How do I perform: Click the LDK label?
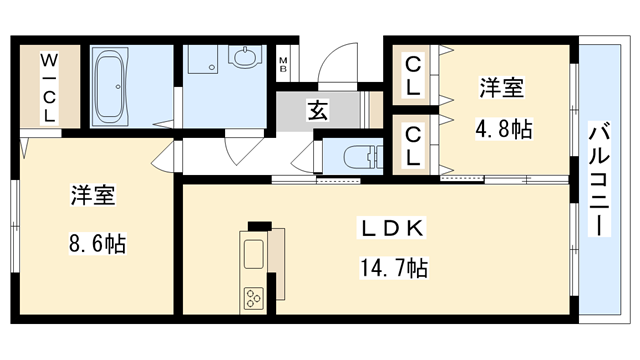(393, 229)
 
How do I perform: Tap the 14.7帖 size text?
(394, 268)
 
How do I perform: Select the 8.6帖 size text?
(97, 242)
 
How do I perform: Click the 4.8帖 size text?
(502, 129)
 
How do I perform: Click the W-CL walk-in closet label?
(47, 87)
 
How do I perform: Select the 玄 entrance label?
(316, 111)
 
